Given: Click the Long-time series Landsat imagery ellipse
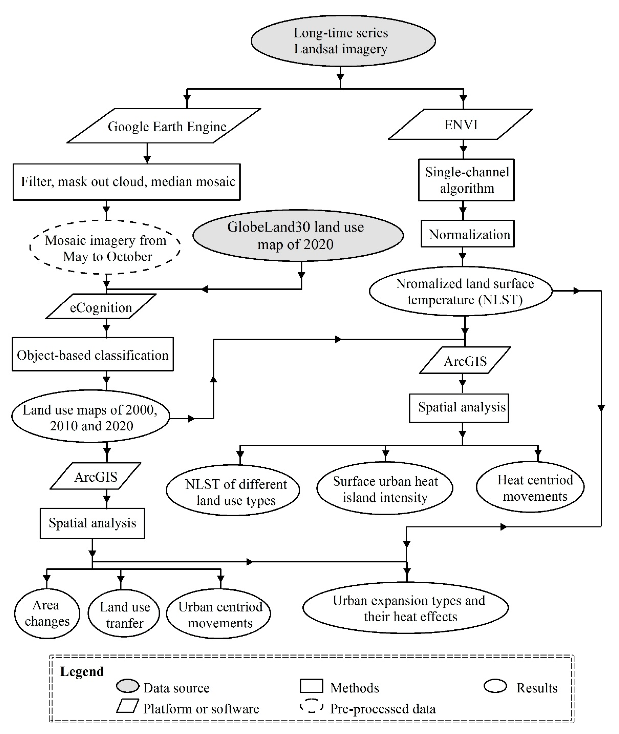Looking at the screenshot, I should [x=343, y=41].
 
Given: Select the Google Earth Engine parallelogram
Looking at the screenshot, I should [x=164, y=126].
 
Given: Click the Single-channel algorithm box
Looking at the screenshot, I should [x=466, y=180].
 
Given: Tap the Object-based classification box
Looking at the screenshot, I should [x=93, y=354].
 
